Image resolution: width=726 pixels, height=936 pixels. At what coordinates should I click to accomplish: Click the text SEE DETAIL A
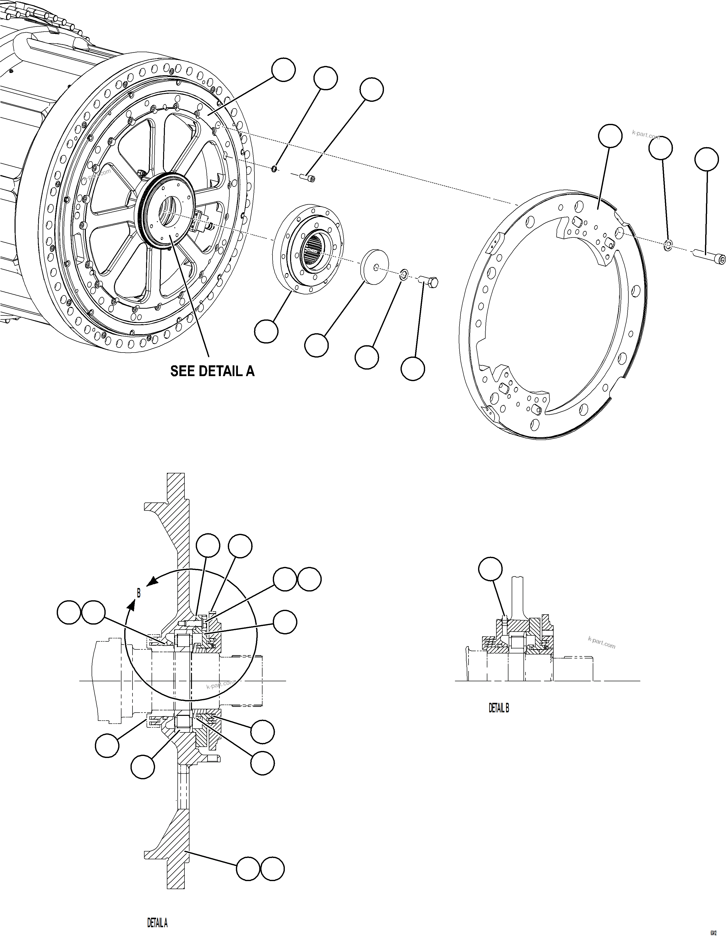tap(212, 371)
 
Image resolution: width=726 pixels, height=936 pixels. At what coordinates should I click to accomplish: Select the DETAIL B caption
tap(499, 708)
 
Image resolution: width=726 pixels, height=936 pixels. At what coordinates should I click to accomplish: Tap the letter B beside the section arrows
tap(139, 593)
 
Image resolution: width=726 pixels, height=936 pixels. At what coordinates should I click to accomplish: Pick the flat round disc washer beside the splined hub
tap(376, 265)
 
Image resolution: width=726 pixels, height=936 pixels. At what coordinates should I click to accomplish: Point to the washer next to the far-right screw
tap(668, 245)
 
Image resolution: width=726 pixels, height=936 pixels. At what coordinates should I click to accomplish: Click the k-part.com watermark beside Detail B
tap(602, 642)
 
